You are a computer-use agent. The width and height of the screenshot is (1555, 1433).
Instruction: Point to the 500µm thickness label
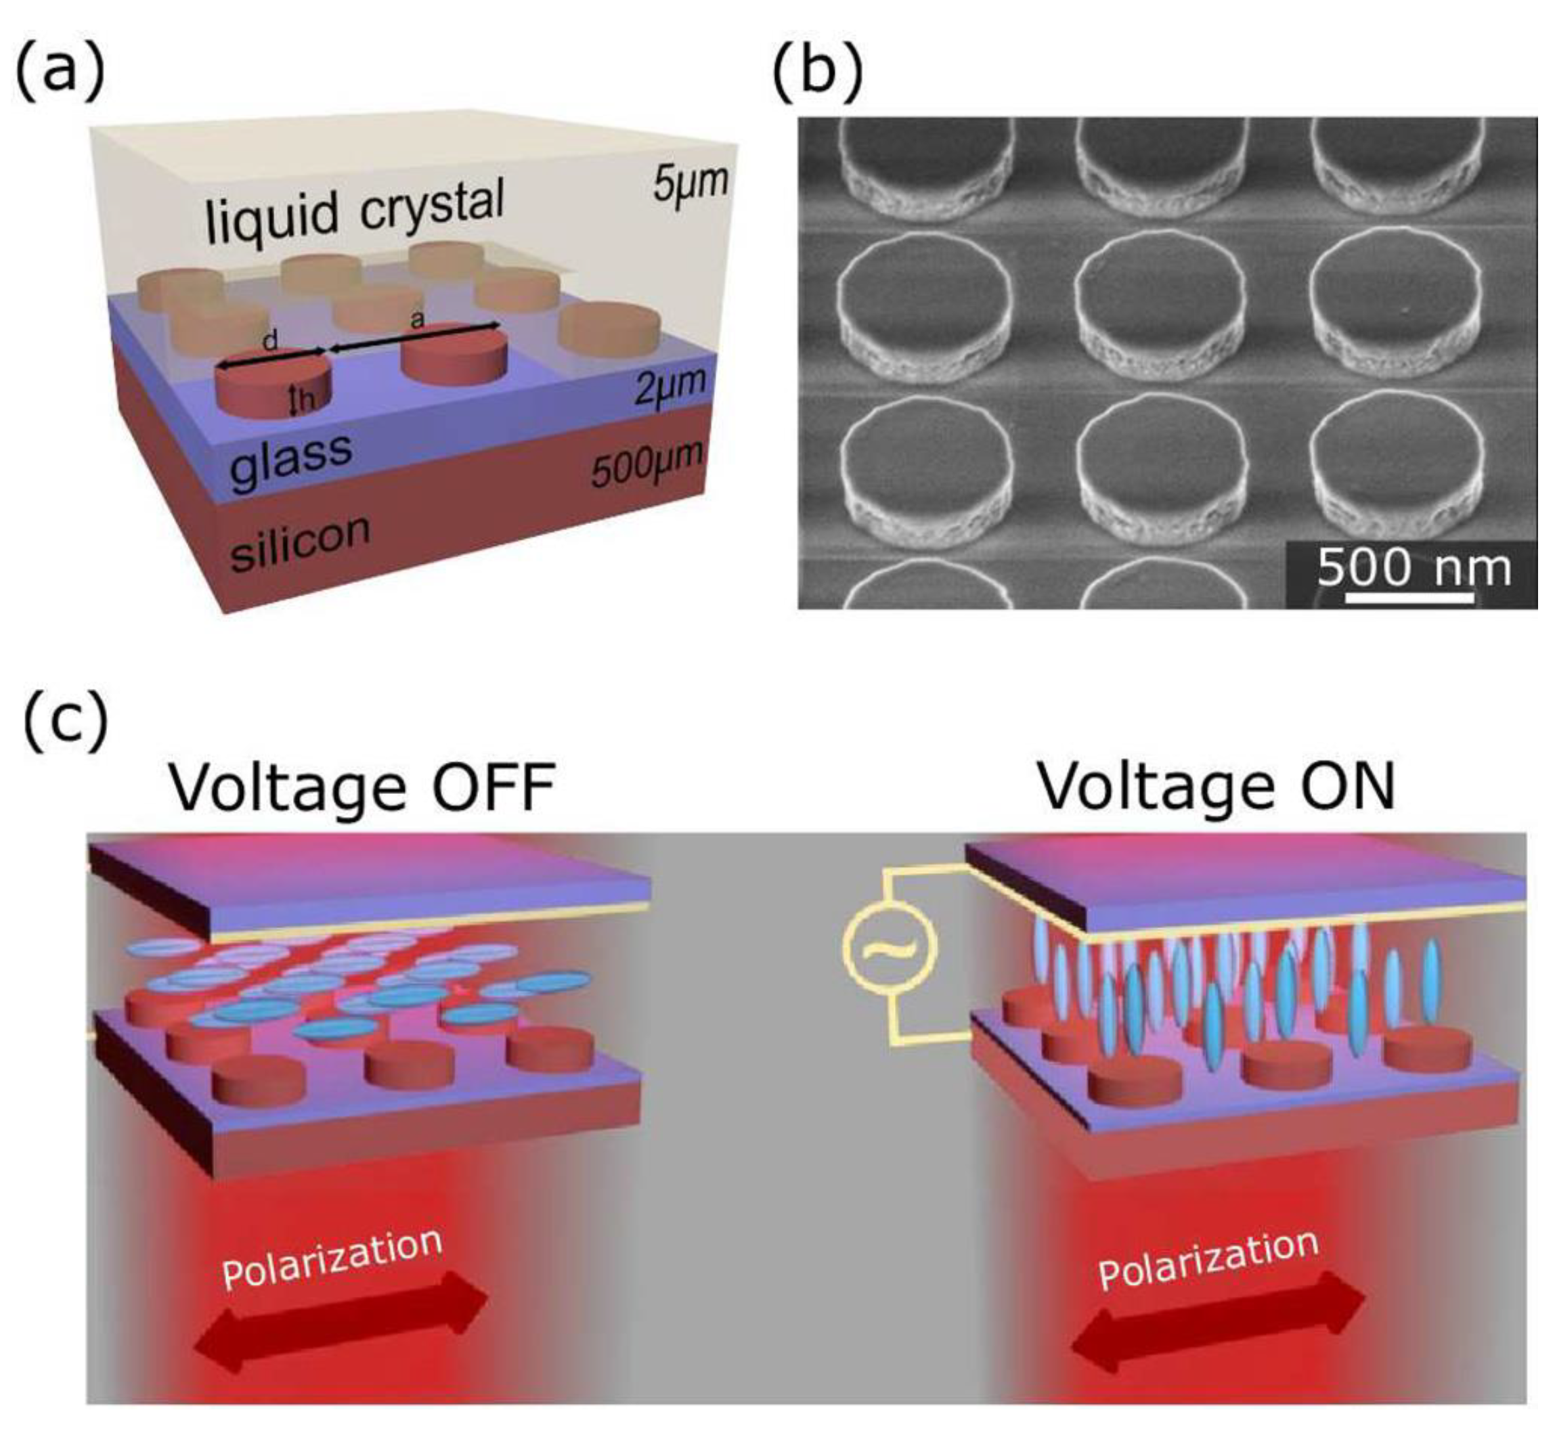[646, 463]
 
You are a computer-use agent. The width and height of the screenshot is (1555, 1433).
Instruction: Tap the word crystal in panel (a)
[431, 202]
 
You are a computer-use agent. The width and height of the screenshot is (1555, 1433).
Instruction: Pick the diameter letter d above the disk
[270, 342]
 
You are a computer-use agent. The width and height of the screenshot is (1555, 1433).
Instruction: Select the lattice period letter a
[417, 319]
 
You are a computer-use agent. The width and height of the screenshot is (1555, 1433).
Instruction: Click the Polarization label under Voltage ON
[1208, 1264]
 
